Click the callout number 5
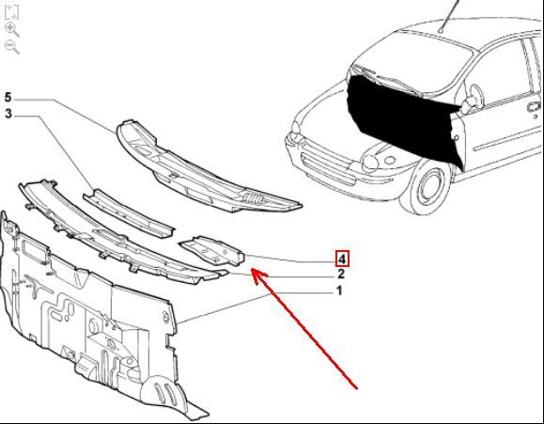pyautogui.click(x=8, y=98)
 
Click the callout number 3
pyautogui.click(x=8, y=114)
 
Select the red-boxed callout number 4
pyautogui.click(x=342, y=259)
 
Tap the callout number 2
pyautogui.click(x=341, y=274)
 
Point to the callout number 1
pyautogui.click(x=340, y=291)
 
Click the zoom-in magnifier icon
pyautogui.click(x=12, y=29)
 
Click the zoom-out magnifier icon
pyautogui.click(x=12, y=46)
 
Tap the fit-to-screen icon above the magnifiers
pyautogui.click(x=11, y=12)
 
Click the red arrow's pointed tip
pyautogui.click(x=252, y=269)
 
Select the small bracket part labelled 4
pyautogui.click(x=212, y=251)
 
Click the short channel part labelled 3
pyautogui.click(x=129, y=213)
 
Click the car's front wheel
pyautogui.click(x=427, y=187)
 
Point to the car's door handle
pyautogui.click(x=535, y=106)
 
